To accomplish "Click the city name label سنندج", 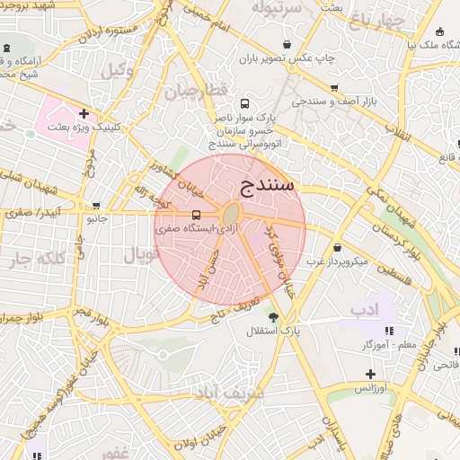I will click(x=268, y=186).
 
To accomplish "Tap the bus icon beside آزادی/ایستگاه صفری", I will click(x=196, y=215).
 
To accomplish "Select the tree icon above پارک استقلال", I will click(x=273, y=316).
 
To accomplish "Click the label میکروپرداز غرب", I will click(x=337, y=261).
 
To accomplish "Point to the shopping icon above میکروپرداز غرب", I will click(x=337, y=247).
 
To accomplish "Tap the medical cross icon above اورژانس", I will click(x=370, y=374).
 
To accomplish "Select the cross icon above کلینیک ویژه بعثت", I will click(x=84, y=113).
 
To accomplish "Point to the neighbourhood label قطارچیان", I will click(x=190, y=90).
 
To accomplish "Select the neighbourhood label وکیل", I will click(x=118, y=70).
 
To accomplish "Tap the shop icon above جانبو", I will click(x=95, y=204).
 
